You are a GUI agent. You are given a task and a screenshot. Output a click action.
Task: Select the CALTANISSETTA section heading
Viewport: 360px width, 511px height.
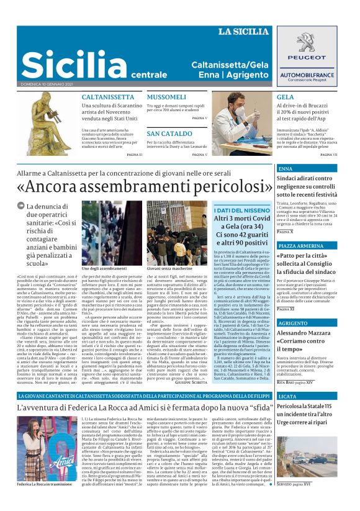click(x=107, y=97)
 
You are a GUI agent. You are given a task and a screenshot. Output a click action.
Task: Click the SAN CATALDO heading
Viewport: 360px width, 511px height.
click(x=169, y=133)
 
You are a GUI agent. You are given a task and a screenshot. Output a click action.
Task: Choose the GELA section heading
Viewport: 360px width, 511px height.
click(x=286, y=97)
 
